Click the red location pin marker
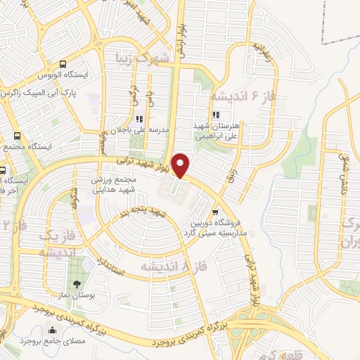point(181,165)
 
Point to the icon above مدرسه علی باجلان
point(139,119)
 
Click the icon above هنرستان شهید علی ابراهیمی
point(217,115)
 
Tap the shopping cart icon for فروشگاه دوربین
point(214,211)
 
